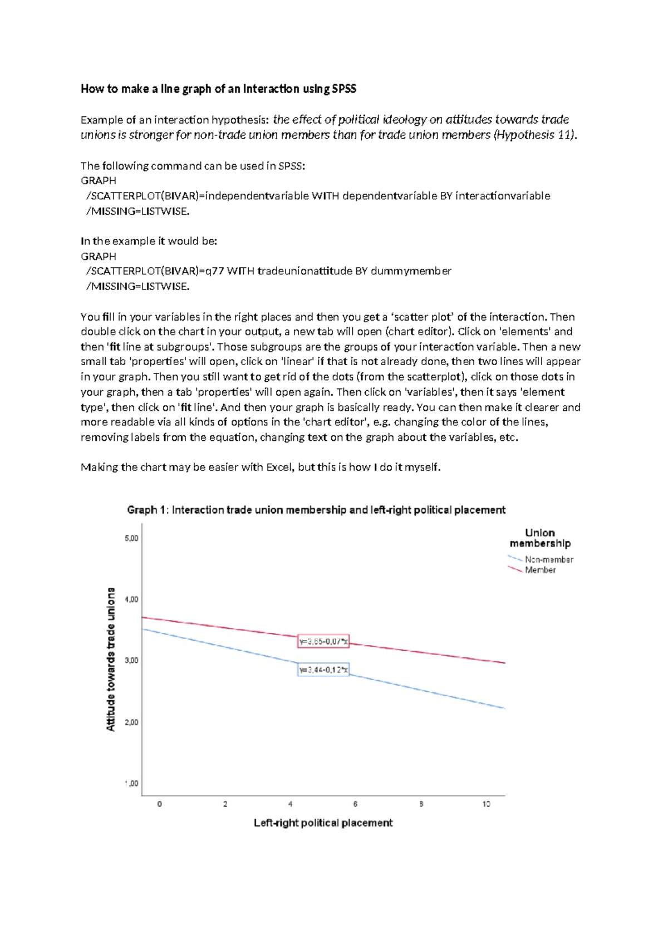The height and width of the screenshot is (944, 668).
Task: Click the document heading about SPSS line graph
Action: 218,89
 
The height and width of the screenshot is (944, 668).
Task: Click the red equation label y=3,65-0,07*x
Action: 323,642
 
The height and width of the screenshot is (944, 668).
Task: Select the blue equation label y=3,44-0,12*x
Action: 323,670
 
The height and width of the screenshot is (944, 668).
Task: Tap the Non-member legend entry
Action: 548,559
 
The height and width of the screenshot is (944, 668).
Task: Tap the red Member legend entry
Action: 540,570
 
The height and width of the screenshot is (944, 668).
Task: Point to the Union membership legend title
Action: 540,538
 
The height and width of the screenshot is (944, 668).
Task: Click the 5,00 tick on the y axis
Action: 131,538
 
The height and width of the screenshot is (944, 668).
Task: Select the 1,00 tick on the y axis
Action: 131,784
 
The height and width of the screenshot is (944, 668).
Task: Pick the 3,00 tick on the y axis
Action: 131,661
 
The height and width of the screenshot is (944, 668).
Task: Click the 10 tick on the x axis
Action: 487,804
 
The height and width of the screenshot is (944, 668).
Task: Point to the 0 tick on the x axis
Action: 160,804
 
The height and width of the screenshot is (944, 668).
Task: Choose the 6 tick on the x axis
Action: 355,804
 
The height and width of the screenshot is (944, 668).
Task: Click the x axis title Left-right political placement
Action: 323,823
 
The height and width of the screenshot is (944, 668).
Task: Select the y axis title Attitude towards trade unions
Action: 111,660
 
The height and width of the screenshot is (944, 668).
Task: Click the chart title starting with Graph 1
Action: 316,510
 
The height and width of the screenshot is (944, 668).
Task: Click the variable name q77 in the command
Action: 214,271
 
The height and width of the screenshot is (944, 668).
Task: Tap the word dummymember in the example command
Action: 411,271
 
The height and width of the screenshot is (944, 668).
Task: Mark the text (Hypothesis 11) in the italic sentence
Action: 535,135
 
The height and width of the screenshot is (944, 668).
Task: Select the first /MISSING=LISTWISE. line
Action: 137,211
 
